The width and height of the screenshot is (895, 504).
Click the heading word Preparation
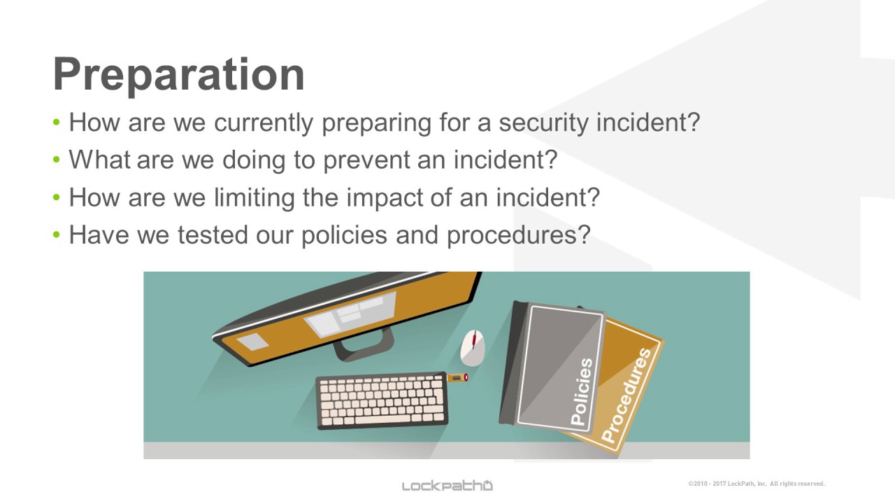point(178,76)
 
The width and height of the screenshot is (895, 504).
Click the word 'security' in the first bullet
point(543,122)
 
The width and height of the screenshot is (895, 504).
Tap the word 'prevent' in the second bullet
point(366,160)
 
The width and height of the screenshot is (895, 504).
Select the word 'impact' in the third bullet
point(384,198)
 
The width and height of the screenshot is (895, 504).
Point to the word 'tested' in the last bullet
point(213,234)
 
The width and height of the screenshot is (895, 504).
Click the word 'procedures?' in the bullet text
point(519,235)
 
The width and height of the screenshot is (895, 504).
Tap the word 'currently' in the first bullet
point(264,122)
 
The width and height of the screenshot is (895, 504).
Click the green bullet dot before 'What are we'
point(57,160)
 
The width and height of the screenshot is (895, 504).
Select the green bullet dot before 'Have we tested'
point(57,234)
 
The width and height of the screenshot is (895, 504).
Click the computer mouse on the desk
point(473,348)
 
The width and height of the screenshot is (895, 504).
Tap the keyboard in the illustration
point(382,401)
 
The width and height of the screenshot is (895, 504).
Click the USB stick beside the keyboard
point(457,377)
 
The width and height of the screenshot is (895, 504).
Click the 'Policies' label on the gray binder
point(582,392)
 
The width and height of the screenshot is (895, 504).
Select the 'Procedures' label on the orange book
point(626,395)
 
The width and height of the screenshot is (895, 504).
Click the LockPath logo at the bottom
point(447,486)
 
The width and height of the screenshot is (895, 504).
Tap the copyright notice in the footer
point(757,484)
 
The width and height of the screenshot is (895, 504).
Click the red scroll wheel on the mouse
point(474,339)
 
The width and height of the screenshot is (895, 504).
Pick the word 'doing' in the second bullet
point(254,160)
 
